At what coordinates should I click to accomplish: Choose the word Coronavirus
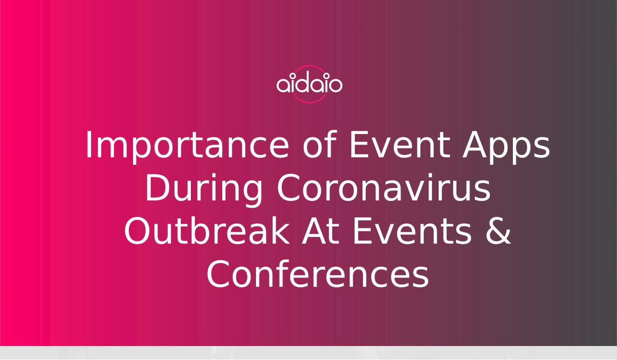(384, 188)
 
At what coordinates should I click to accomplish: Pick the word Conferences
(318, 274)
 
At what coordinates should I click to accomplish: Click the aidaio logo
(309, 84)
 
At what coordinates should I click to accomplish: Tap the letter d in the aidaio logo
(304, 82)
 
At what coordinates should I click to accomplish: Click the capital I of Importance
(89, 145)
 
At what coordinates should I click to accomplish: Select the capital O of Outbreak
(138, 231)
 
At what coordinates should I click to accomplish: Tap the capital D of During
(158, 188)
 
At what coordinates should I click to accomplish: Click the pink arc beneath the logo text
(309, 102)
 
